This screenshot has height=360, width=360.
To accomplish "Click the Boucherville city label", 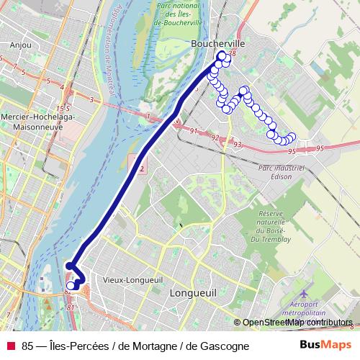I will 218,44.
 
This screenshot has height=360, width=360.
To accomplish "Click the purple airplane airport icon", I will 303,294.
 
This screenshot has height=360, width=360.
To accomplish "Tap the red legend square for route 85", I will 10,346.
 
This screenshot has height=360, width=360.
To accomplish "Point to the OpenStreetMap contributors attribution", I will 297,323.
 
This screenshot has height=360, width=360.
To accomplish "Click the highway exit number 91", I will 195,131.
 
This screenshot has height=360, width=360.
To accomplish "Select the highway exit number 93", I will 237,145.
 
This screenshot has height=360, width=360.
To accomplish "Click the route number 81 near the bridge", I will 71,307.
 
